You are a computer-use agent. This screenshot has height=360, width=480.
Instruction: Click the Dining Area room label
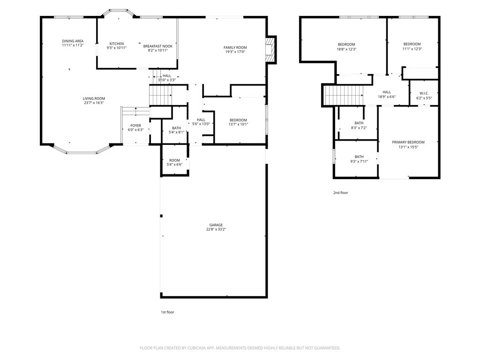click(73, 41)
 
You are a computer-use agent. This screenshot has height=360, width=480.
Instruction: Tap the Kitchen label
click(117, 44)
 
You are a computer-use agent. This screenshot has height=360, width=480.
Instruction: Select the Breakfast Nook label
click(158, 46)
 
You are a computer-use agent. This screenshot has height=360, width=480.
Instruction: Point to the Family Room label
click(235, 47)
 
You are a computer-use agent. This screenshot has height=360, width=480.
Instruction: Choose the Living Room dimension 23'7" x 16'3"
click(94, 103)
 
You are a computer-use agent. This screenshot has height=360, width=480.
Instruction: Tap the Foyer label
click(136, 126)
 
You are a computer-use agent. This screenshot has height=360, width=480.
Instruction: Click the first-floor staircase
click(160, 95)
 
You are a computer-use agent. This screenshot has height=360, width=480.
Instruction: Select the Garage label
click(216, 225)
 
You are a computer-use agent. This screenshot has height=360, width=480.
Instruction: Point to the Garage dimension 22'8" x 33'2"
click(216, 229)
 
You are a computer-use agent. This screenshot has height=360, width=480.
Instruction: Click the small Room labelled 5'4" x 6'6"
click(174, 162)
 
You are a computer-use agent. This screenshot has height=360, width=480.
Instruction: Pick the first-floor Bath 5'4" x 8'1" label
click(177, 130)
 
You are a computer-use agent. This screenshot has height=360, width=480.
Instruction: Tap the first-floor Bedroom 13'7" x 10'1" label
click(238, 122)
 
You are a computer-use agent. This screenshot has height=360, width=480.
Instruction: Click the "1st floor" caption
click(167, 312)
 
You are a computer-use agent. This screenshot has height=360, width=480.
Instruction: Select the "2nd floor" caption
click(341, 193)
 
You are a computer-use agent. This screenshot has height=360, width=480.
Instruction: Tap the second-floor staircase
click(344, 95)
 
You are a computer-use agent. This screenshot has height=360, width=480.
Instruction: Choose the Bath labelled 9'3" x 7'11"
click(359, 159)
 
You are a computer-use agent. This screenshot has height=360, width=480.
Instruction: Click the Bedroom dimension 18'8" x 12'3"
click(346, 49)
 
